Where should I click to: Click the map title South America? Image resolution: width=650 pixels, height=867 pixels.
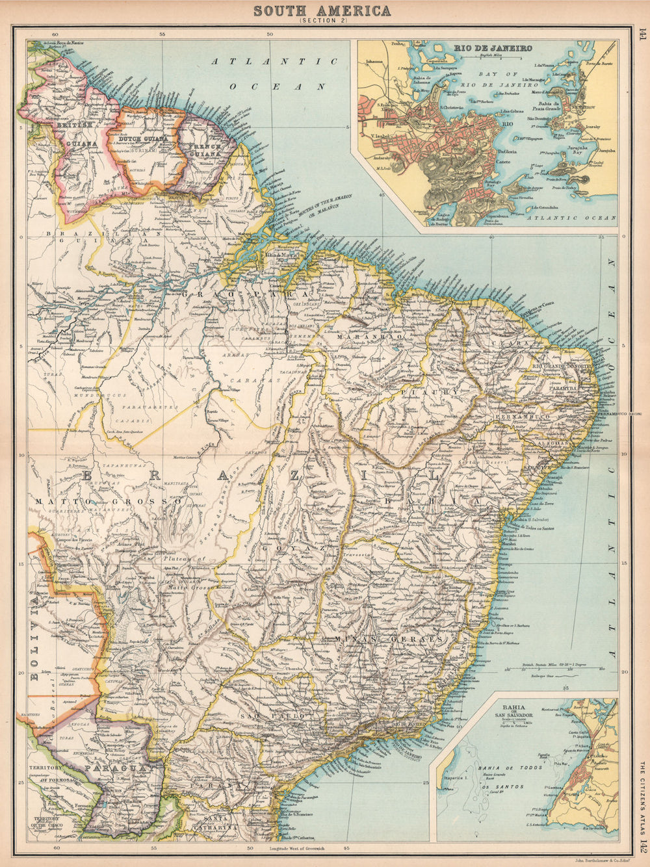click(322, 11)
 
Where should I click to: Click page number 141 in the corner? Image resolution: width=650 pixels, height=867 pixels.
click(642, 35)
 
